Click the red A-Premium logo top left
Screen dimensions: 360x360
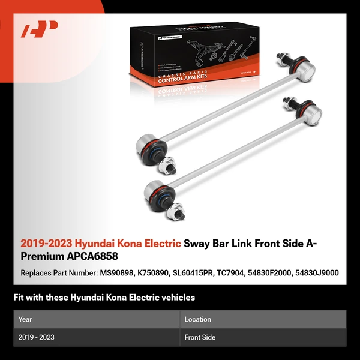(39, 29)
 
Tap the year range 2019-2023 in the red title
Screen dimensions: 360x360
(46, 244)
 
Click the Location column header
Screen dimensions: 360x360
(197, 319)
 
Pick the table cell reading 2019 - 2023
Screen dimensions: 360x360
(36, 337)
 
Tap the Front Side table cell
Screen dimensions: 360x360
(200, 337)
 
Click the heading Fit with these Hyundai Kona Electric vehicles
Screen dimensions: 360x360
(104, 298)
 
